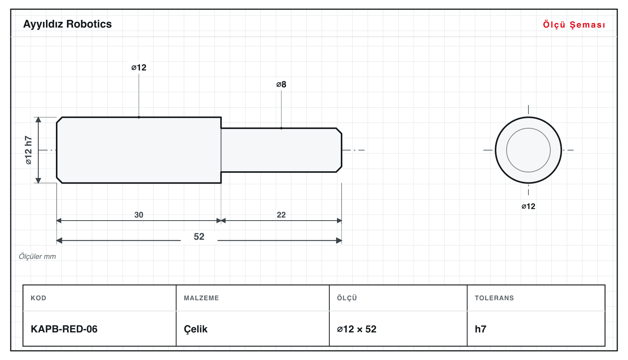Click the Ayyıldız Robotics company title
[67, 24]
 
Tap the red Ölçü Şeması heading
[574, 25]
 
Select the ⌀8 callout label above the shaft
[281, 84]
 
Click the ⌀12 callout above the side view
[139, 67]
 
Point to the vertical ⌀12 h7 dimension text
[28, 150]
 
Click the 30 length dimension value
[139, 215]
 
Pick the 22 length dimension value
[281, 215]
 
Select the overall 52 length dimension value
[199, 237]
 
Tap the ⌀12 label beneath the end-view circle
[528, 206]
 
